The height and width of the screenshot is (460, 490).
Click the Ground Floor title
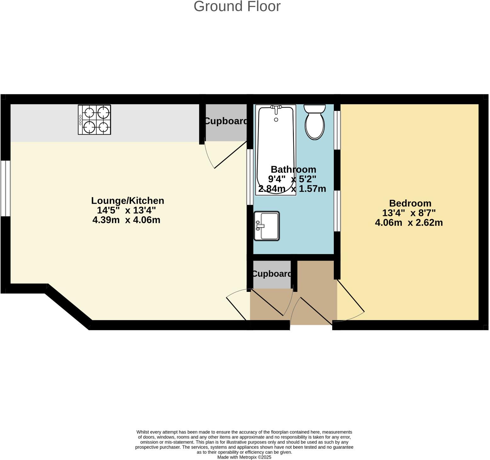pyautogui.click(x=237, y=6)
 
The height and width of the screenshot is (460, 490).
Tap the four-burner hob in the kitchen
pyautogui.click(x=94, y=120)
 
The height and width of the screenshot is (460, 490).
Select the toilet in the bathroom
pyautogui.click(x=315, y=123)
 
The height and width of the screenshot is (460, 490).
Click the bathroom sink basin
pyautogui.click(x=266, y=226)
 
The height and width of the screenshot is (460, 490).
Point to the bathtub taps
pyautogui.click(x=276, y=108)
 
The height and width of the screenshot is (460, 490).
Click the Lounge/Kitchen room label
pyautogui.click(x=128, y=201)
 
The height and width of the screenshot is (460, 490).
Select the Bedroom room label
pyautogui.click(x=410, y=203)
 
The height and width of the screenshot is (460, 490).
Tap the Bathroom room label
pyautogui.click(x=293, y=169)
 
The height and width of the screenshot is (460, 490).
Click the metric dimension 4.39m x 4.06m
pyautogui.click(x=126, y=220)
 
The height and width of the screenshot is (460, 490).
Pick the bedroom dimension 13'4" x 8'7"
pyautogui.click(x=409, y=213)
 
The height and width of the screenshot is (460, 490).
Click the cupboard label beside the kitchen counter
pyautogui.click(x=226, y=121)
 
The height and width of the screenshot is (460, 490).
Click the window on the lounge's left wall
pyautogui.click(x=5, y=188)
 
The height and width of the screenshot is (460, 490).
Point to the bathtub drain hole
pyautogui.click(x=276, y=120)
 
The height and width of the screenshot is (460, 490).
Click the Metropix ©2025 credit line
pyautogui.click(x=244, y=457)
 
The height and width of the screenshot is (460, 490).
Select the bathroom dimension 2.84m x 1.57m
pyautogui.click(x=292, y=189)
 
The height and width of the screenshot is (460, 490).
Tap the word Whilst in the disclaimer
pyautogui.click(x=143, y=432)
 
